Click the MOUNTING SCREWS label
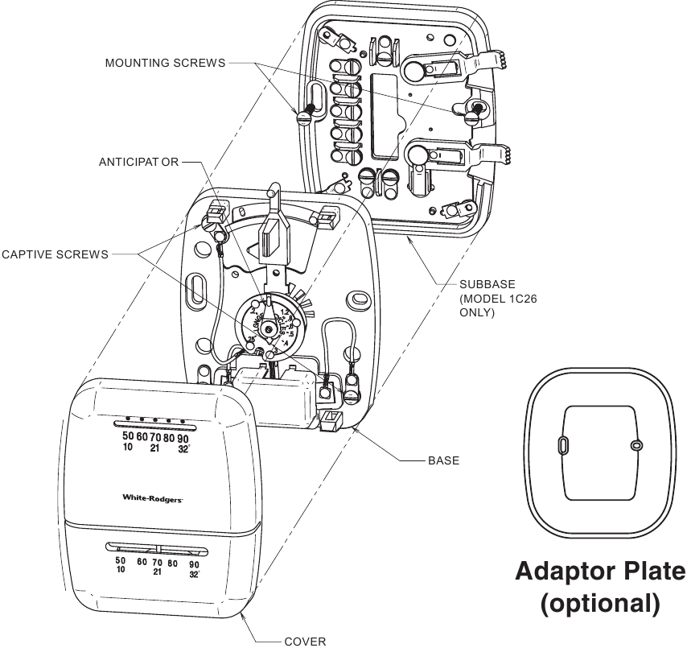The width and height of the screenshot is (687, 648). (x=165, y=64)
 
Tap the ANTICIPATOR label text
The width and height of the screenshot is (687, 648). (x=139, y=162)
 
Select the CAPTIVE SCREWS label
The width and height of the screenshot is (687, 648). (x=55, y=254)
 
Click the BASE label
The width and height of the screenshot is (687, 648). (x=443, y=460)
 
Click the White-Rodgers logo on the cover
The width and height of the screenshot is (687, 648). (x=153, y=498)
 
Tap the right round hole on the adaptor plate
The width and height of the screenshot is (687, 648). (x=636, y=445)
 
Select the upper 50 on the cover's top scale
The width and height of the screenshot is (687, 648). (x=128, y=436)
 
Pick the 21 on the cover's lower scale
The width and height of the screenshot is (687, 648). (x=158, y=572)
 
